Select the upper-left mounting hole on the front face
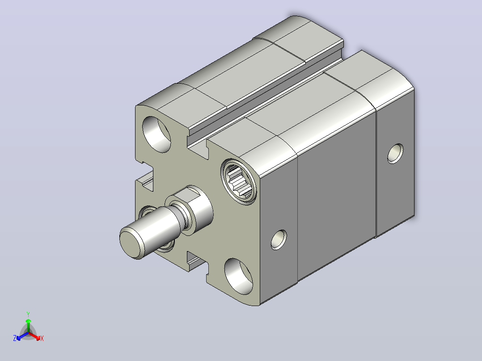tap(156, 134)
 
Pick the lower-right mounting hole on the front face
tap(239, 277)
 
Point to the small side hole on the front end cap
tap(279, 239)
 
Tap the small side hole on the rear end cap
tap(396, 154)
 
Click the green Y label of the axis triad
tap(28, 314)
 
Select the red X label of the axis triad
tap(42, 338)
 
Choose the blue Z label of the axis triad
tap(15, 338)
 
